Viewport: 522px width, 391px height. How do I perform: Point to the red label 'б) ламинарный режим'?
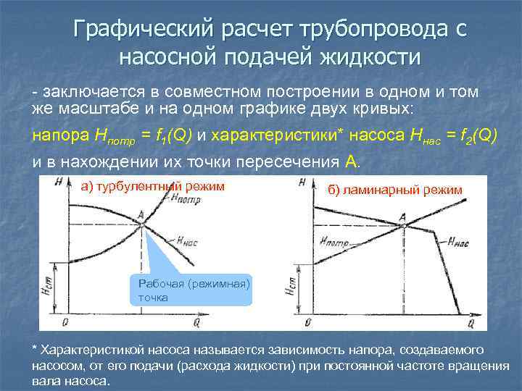point(394,190)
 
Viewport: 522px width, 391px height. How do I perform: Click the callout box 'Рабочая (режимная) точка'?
point(191,290)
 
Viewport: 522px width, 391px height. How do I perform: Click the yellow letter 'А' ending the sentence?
point(352,161)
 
